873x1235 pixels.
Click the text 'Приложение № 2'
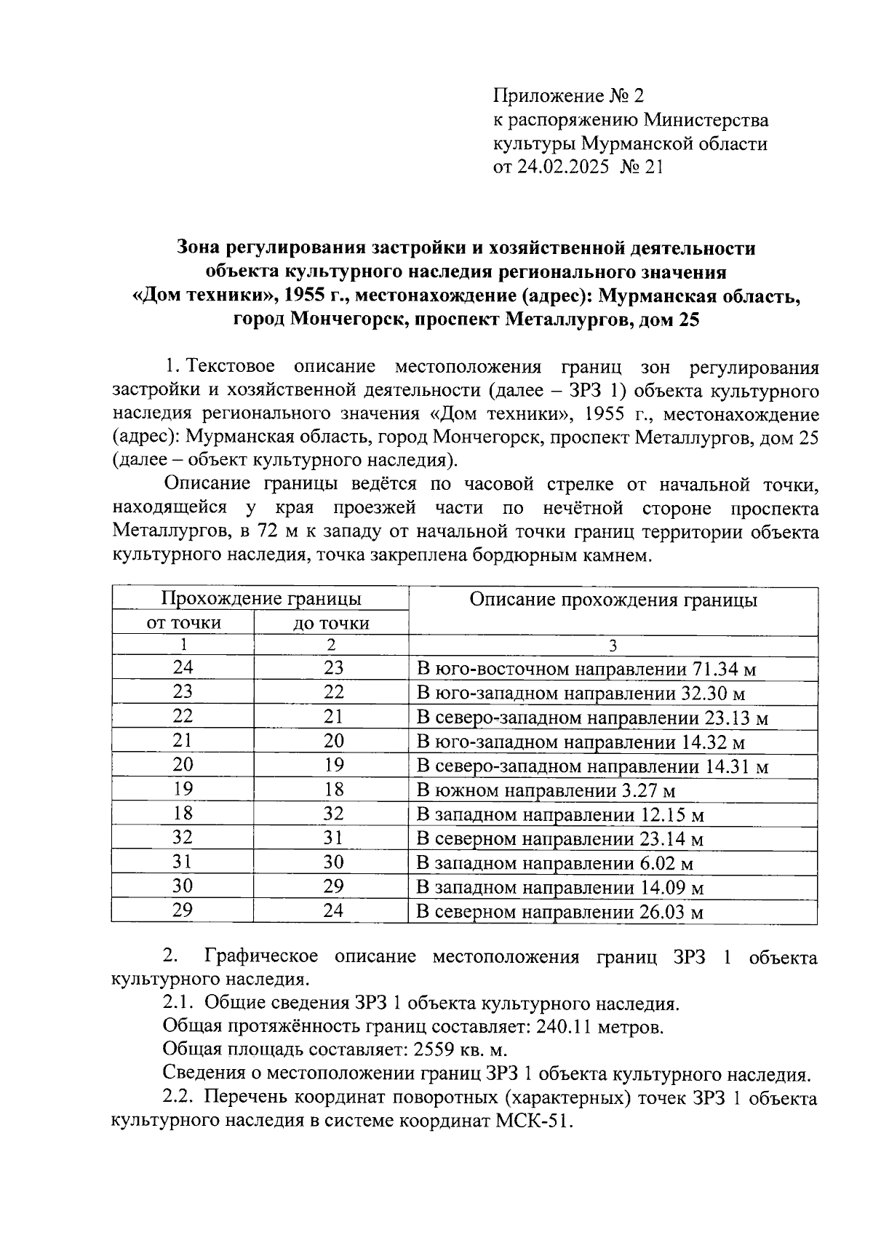pos(569,96)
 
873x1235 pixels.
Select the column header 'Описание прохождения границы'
pos(613,600)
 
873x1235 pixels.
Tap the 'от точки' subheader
pos(183,624)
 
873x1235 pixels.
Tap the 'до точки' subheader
pos(331,624)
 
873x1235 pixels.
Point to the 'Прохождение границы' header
pos(260,600)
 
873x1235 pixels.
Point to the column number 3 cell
pos(613,646)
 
